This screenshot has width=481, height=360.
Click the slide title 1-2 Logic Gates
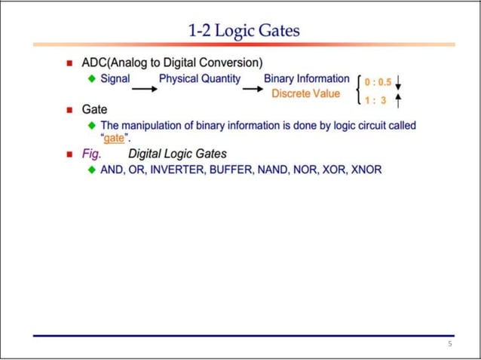coord(244,31)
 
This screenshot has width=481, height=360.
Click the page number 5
coord(449,344)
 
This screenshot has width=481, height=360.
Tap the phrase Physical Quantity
coord(199,78)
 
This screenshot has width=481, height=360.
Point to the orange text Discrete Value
coord(305,94)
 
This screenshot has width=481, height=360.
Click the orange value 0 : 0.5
coord(378,81)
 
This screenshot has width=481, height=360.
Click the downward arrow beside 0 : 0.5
coord(399,81)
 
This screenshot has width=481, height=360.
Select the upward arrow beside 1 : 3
coord(399,99)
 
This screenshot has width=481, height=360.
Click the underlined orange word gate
coord(113,139)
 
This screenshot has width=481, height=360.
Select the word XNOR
coord(366,170)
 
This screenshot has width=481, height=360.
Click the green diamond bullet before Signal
coord(90,78)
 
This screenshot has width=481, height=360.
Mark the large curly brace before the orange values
coord(357,90)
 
